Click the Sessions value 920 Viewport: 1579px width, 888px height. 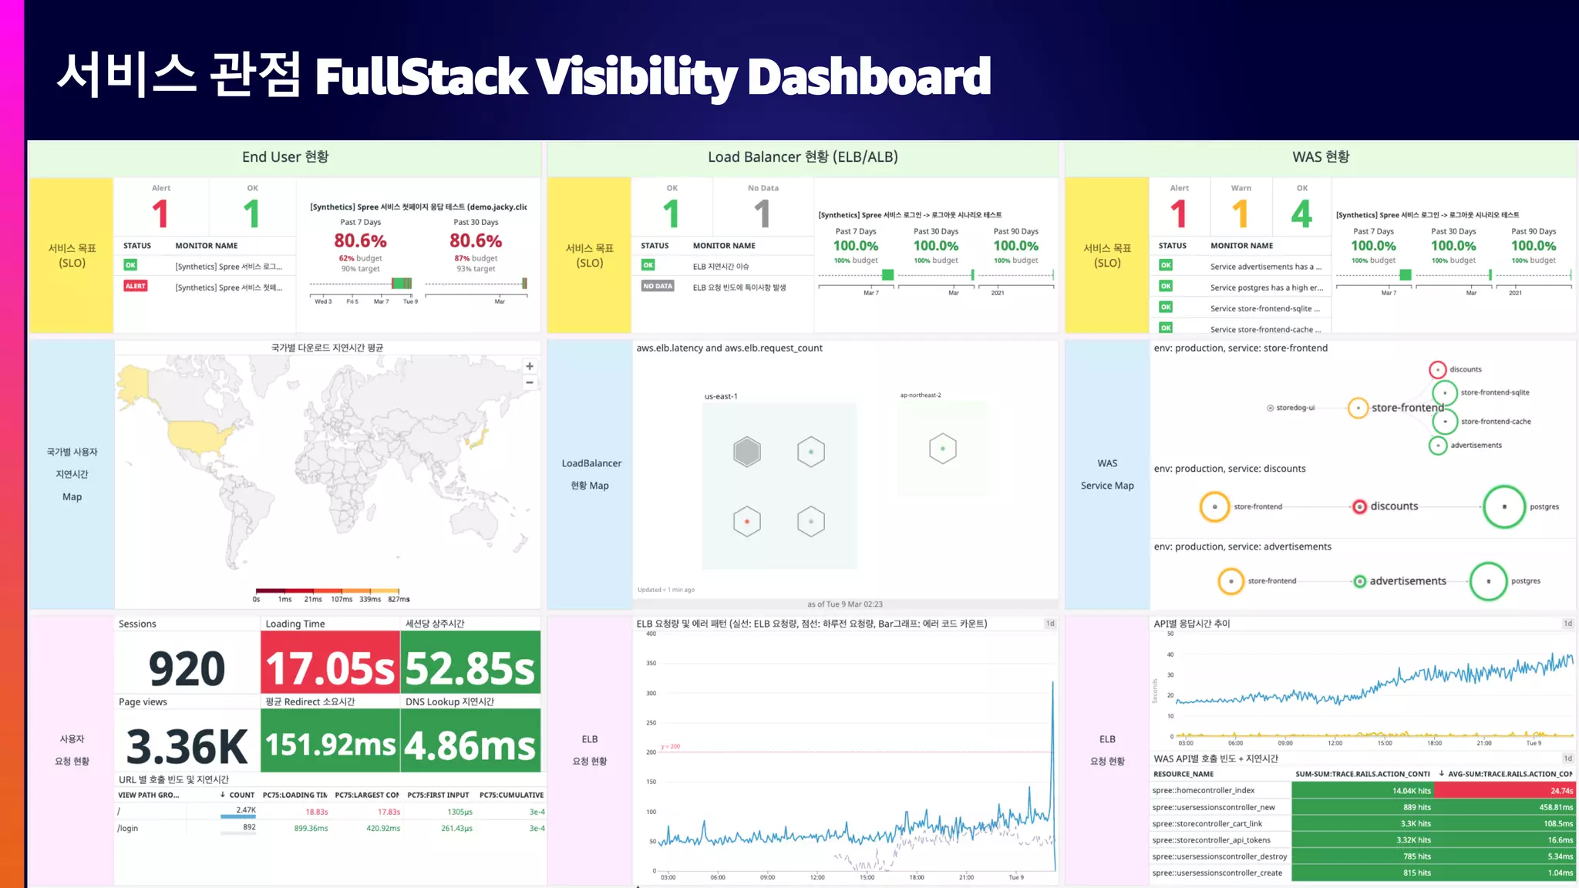click(187, 668)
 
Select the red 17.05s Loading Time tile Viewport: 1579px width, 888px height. click(330, 668)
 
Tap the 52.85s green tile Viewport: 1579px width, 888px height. click(470, 668)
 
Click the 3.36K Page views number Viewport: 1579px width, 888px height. click(187, 746)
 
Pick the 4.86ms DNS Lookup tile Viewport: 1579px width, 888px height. click(470, 745)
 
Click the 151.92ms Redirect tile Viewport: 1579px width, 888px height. click(330, 745)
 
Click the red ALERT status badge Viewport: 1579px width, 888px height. click(136, 286)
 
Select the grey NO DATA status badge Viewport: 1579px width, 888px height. click(658, 286)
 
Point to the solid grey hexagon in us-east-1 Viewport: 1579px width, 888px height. click(746, 452)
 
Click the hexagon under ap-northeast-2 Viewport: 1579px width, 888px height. click(942, 449)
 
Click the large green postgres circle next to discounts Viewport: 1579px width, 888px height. click(1503, 506)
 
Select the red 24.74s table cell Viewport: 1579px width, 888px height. click(1503, 790)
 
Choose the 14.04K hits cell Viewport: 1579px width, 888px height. click(1362, 790)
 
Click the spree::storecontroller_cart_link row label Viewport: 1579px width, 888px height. click(1207, 823)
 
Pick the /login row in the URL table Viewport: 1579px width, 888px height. click(128, 829)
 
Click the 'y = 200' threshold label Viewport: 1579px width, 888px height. click(671, 746)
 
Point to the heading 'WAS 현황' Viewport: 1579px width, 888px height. click(1321, 157)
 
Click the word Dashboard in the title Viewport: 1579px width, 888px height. click(869, 76)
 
